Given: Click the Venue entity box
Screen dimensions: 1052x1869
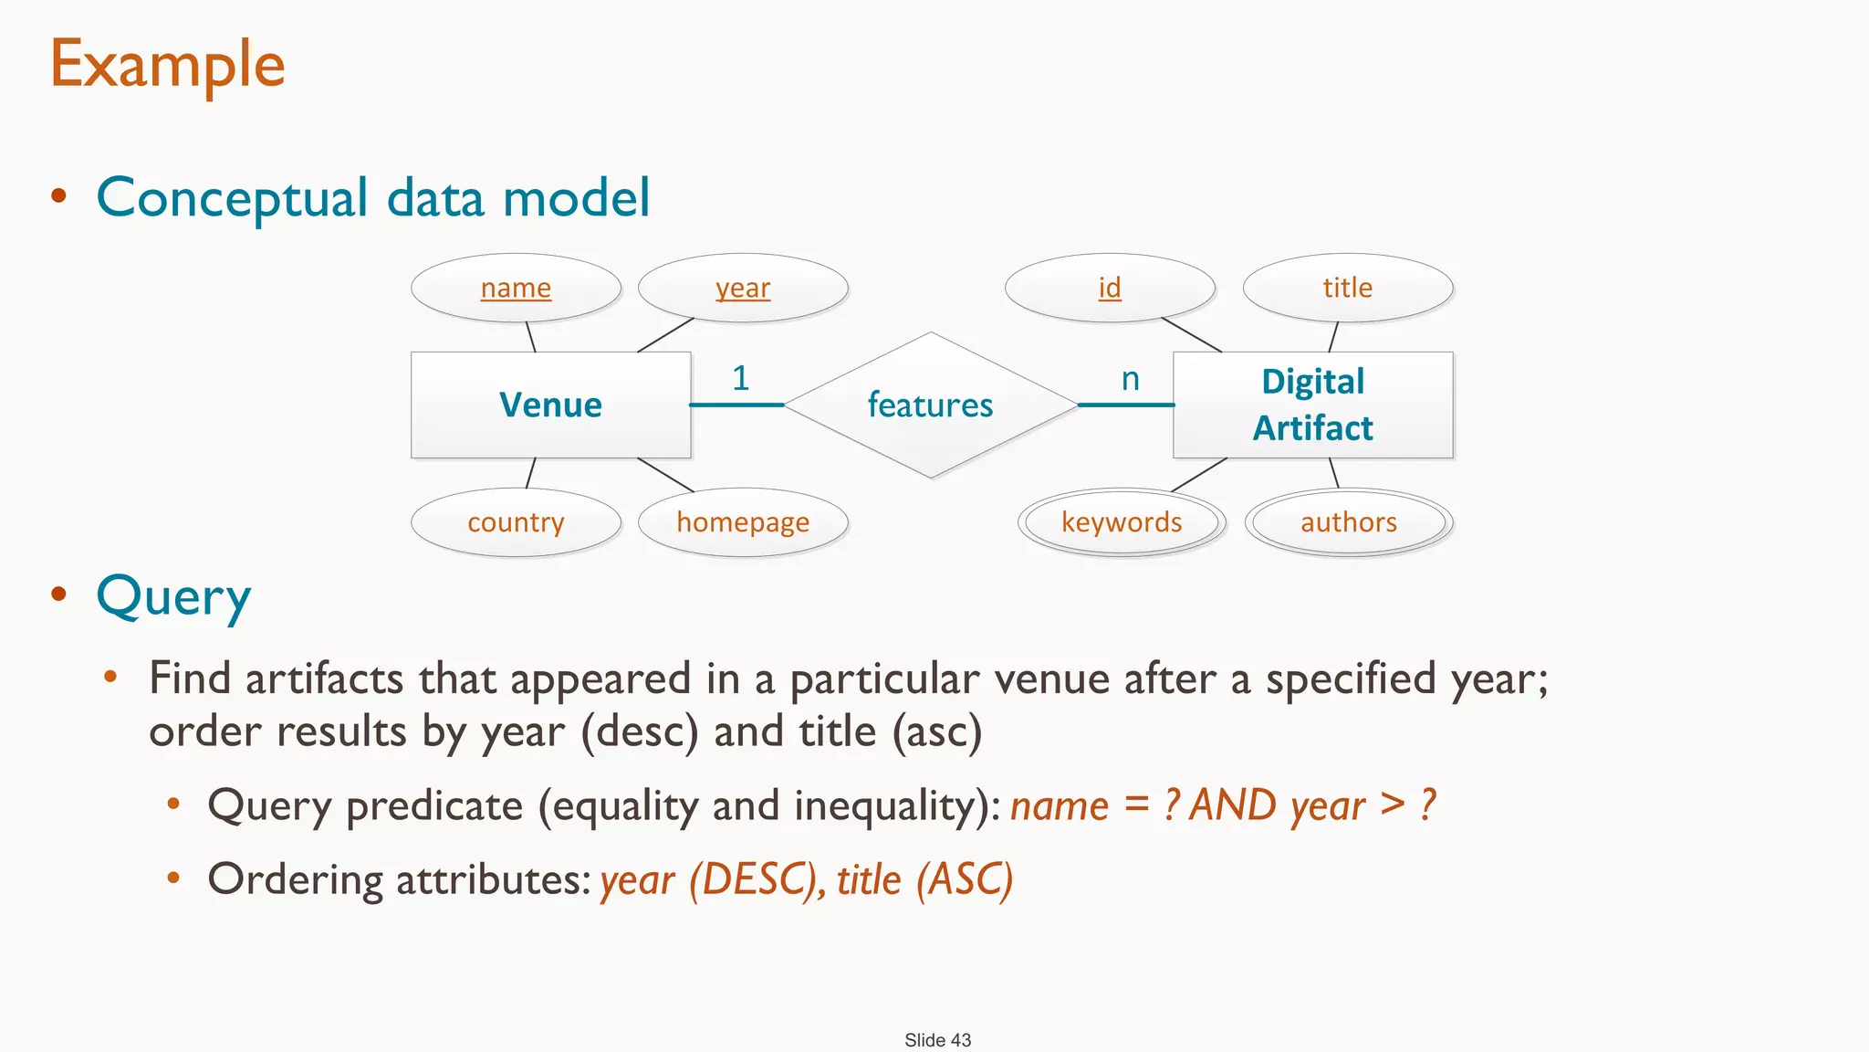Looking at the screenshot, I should tap(550, 405).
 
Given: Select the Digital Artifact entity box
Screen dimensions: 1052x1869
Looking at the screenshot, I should tap(1312, 405).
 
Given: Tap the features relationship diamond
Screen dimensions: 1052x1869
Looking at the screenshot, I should tap(930, 405).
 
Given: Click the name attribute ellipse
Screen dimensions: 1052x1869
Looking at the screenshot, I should tap(516, 288).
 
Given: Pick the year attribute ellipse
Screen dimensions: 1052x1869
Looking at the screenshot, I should tap(743, 288).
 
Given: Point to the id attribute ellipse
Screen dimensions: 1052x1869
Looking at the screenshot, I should tap(1110, 288).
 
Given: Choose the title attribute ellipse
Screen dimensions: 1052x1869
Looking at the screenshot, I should tap(1348, 288).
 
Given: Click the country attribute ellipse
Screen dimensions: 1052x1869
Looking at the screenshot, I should tap(516, 522).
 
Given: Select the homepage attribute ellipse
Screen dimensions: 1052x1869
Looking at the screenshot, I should tap(743, 522).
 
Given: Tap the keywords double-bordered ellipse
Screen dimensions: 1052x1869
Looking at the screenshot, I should tap(1122, 522).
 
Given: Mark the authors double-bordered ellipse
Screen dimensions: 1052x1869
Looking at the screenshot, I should tap(1349, 522).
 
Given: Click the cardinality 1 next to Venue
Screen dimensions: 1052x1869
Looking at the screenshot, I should tap(740, 378).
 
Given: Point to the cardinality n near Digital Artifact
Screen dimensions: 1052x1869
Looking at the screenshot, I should tap(1130, 378).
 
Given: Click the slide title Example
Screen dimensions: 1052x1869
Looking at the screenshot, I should tap(168, 65).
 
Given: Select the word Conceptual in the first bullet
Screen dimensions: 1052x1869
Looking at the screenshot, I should tap(232, 198).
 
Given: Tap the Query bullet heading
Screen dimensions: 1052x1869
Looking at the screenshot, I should tap(173, 597).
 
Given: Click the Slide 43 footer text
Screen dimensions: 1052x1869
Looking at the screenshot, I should tap(937, 1040).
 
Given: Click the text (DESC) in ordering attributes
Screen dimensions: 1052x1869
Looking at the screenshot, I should tap(753, 879).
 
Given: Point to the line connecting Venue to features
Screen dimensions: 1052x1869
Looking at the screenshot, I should tap(736, 405).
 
